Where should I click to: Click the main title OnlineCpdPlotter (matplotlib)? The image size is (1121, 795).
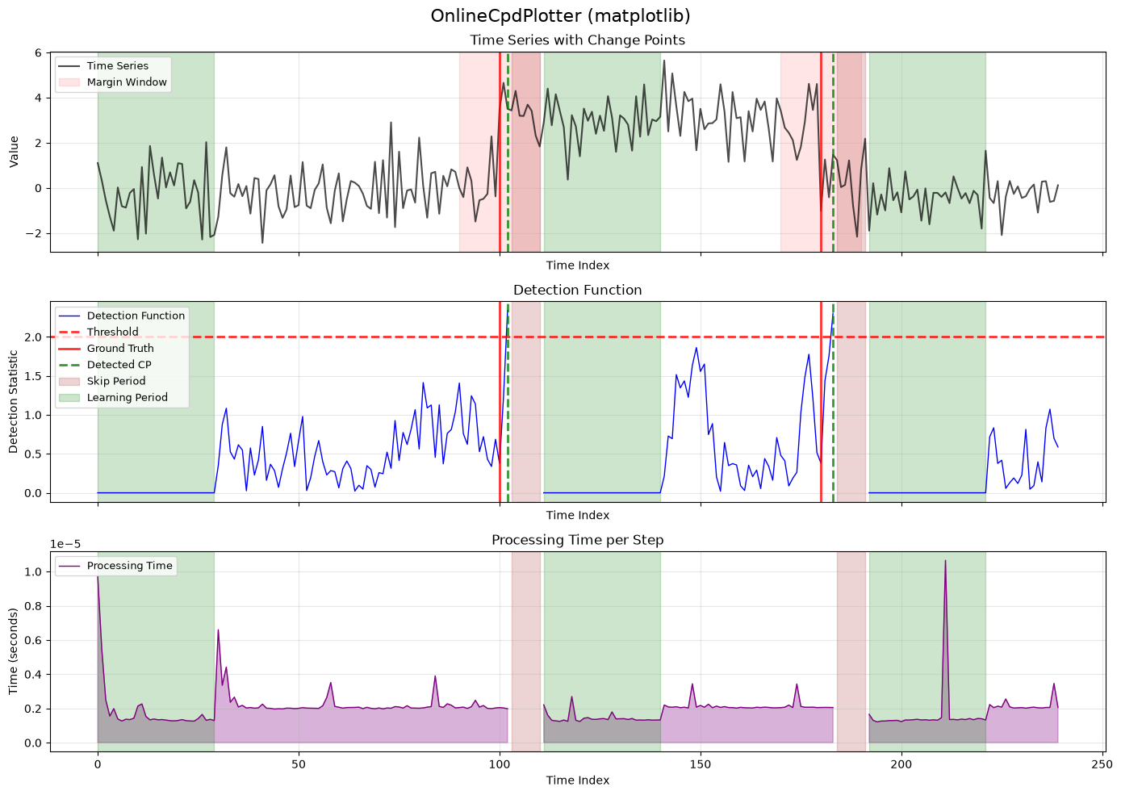point(560,16)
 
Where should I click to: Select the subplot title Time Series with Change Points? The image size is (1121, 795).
point(578,40)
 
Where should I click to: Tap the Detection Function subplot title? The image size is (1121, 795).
point(578,290)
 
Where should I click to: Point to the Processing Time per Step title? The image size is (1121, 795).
point(578,540)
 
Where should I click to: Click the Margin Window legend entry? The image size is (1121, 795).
point(113,82)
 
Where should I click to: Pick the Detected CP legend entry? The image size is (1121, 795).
point(105,365)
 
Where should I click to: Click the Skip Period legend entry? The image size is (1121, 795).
point(102,381)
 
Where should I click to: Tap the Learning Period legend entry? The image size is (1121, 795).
point(113,397)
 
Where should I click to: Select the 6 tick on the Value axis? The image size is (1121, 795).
point(39,53)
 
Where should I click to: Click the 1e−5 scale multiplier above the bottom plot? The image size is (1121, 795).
point(65,544)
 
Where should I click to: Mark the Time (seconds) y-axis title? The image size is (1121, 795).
point(14,651)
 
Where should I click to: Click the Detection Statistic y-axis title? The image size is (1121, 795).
point(14,401)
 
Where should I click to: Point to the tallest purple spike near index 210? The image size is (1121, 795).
point(945,561)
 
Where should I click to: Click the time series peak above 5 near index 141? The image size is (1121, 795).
point(664,61)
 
